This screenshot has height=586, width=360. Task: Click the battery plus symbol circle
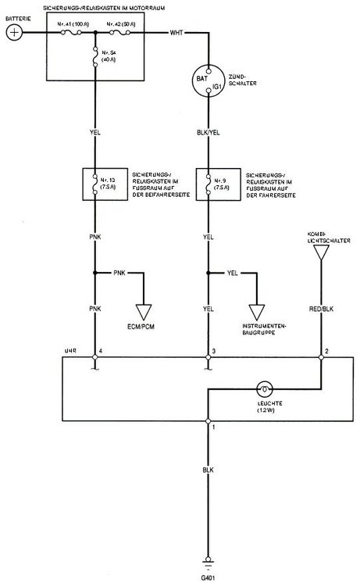coord(14,33)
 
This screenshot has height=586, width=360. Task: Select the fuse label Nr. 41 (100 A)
coord(74,25)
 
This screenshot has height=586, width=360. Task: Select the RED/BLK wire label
coord(321,309)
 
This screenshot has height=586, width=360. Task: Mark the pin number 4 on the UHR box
coord(102,350)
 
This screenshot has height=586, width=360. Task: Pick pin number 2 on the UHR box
coord(326,350)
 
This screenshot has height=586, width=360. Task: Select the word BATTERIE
coord(18,16)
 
